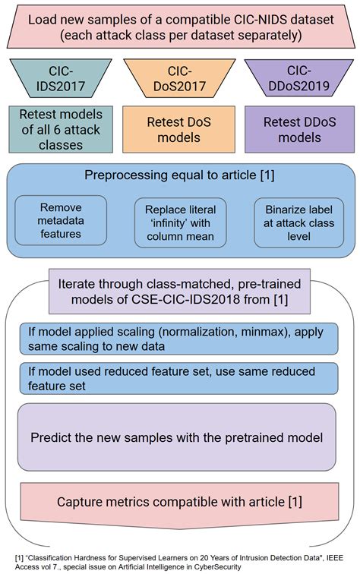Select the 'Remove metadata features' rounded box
pyautogui.click(x=62, y=220)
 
